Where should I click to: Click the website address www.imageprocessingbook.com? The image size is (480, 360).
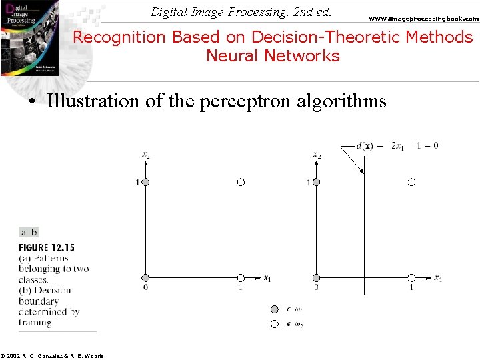tap(424, 19)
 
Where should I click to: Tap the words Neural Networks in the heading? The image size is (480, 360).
tap(273, 56)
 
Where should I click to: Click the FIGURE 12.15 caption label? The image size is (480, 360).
tap(47, 248)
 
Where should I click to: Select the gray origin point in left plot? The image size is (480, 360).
tap(145, 277)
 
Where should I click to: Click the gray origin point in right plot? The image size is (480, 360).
tap(317, 277)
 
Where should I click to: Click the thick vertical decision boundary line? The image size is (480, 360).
tap(364, 227)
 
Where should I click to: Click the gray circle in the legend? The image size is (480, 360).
tap(274, 309)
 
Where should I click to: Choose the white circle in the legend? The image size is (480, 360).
tap(274, 324)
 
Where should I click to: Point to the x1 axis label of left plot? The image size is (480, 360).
tap(267, 278)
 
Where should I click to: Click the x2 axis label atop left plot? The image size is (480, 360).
tap(146, 155)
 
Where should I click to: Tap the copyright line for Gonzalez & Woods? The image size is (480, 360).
tap(52, 356)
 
